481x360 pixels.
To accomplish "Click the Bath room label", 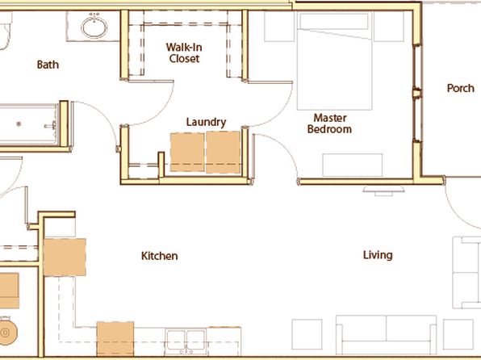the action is click(x=48, y=65).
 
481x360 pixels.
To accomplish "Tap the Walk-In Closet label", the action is click(x=184, y=52).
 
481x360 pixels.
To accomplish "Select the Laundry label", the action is click(x=206, y=122).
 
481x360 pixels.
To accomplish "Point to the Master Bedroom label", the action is click(x=329, y=123).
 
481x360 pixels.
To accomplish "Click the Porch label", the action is click(x=461, y=89).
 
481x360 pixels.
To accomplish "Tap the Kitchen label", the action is click(x=160, y=256).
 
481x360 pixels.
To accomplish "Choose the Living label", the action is click(x=378, y=255).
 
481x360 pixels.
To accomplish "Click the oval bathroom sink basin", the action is click(x=94, y=27).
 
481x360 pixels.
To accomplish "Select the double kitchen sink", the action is click(x=186, y=341).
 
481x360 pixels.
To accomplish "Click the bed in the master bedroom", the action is click(x=335, y=61).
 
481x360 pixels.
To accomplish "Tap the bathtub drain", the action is click(x=19, y=124).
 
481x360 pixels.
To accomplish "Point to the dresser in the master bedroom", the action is click(x=353, y=165).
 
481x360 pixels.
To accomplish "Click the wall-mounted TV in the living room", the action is click(x=383, y=190).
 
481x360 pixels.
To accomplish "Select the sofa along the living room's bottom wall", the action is click(x=387, y=335).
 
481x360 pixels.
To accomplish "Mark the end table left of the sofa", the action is click(x=307, y=334).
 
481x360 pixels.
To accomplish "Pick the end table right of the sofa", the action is click(x=458, y=334).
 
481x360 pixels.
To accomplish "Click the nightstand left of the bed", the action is click(x=279, y=26).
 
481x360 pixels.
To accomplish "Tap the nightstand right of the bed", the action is click(x=389, y=26).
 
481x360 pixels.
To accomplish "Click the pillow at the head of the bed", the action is click(x=334, y=21).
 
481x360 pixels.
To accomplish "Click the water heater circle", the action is click(x=6, y=333).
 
